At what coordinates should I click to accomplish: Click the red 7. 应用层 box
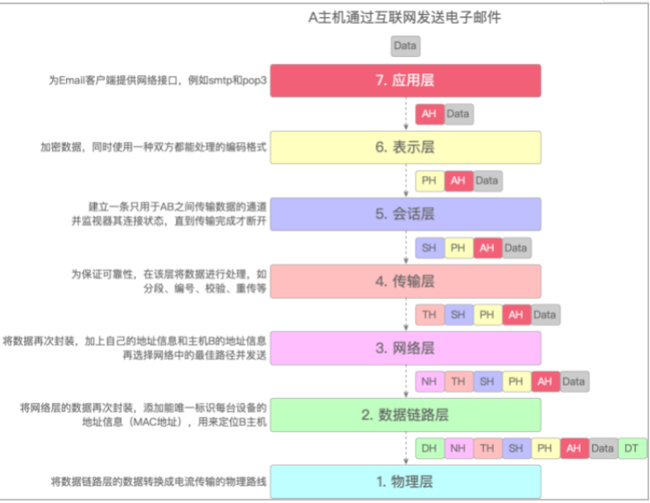click(x=405, y=81)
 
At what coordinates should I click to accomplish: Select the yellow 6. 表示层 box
click(x=405, y=147)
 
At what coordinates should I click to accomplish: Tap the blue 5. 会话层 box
click(x=405, y=214)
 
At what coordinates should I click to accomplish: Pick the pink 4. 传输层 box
click(x=405, y=281)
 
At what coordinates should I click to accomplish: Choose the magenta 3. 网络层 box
click(x=405, y=348)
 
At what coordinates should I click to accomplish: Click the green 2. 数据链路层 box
click(x=405, y=415)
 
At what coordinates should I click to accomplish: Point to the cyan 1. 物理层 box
click(x=405, y=481)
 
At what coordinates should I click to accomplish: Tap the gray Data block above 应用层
click(x=405, y=45)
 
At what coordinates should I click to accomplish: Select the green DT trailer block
click(x=632, y=448)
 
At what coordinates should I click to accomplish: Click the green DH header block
click(x=429, y=448)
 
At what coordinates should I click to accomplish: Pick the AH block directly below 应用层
click(x=429, y=114)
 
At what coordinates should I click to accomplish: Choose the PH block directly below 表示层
click(x=429, y=180)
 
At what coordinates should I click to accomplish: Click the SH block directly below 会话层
click(x=429, y=247)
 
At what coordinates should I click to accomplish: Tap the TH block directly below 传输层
click(x=429, y=315)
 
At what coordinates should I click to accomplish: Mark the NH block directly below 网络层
click(x=429, y=382)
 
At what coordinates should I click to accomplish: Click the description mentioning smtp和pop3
click(x=157, y=81)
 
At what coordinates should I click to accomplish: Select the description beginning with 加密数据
click(x=154, y=147)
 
